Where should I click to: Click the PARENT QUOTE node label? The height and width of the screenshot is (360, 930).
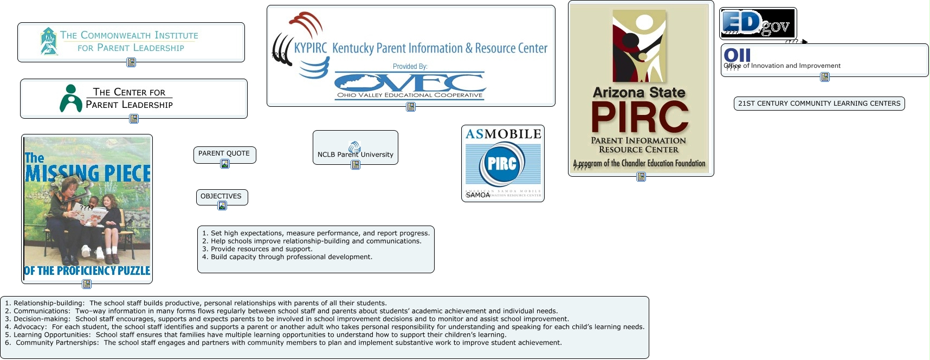224,153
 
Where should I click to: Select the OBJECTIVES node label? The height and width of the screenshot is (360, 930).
221,196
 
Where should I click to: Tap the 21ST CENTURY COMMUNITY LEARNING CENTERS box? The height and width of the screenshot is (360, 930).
819,104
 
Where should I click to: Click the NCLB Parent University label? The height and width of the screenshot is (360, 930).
355,155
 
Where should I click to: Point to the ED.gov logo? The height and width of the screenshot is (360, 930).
757,23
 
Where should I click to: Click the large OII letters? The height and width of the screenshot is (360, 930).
737,55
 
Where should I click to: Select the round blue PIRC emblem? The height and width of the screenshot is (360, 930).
502,164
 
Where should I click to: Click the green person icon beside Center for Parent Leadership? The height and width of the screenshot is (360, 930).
70,98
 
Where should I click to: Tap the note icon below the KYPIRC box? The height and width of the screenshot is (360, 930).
411,107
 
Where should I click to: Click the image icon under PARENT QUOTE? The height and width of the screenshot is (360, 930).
225,164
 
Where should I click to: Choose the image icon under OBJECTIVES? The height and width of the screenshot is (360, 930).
222,205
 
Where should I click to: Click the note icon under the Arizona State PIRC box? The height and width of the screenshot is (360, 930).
641,177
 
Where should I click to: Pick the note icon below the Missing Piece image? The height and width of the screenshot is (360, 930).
87,284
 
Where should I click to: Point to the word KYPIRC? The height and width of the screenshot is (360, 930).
311,48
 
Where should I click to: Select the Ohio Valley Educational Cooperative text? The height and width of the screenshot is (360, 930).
410,95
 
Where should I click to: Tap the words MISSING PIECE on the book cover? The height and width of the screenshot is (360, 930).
88,173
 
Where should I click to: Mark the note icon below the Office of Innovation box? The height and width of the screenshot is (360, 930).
825,77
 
